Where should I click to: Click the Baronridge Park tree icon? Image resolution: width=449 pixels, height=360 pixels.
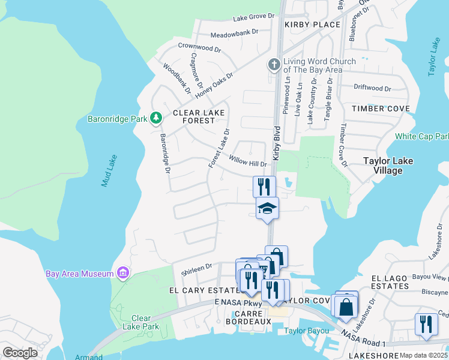click(156, 118)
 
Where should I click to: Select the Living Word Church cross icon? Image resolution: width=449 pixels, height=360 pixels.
click(274, 65)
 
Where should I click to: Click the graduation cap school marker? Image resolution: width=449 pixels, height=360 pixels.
click(267, 209)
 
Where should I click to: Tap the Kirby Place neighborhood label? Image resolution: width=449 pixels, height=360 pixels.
click(312, 25)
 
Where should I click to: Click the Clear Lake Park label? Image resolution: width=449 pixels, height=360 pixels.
click(141, 322)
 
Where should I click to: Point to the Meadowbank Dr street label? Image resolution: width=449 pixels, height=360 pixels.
click(234, 31)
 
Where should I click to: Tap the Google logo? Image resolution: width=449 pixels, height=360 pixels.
click(20, 353)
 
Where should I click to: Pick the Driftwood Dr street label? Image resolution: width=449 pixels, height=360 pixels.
click(372, 88)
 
